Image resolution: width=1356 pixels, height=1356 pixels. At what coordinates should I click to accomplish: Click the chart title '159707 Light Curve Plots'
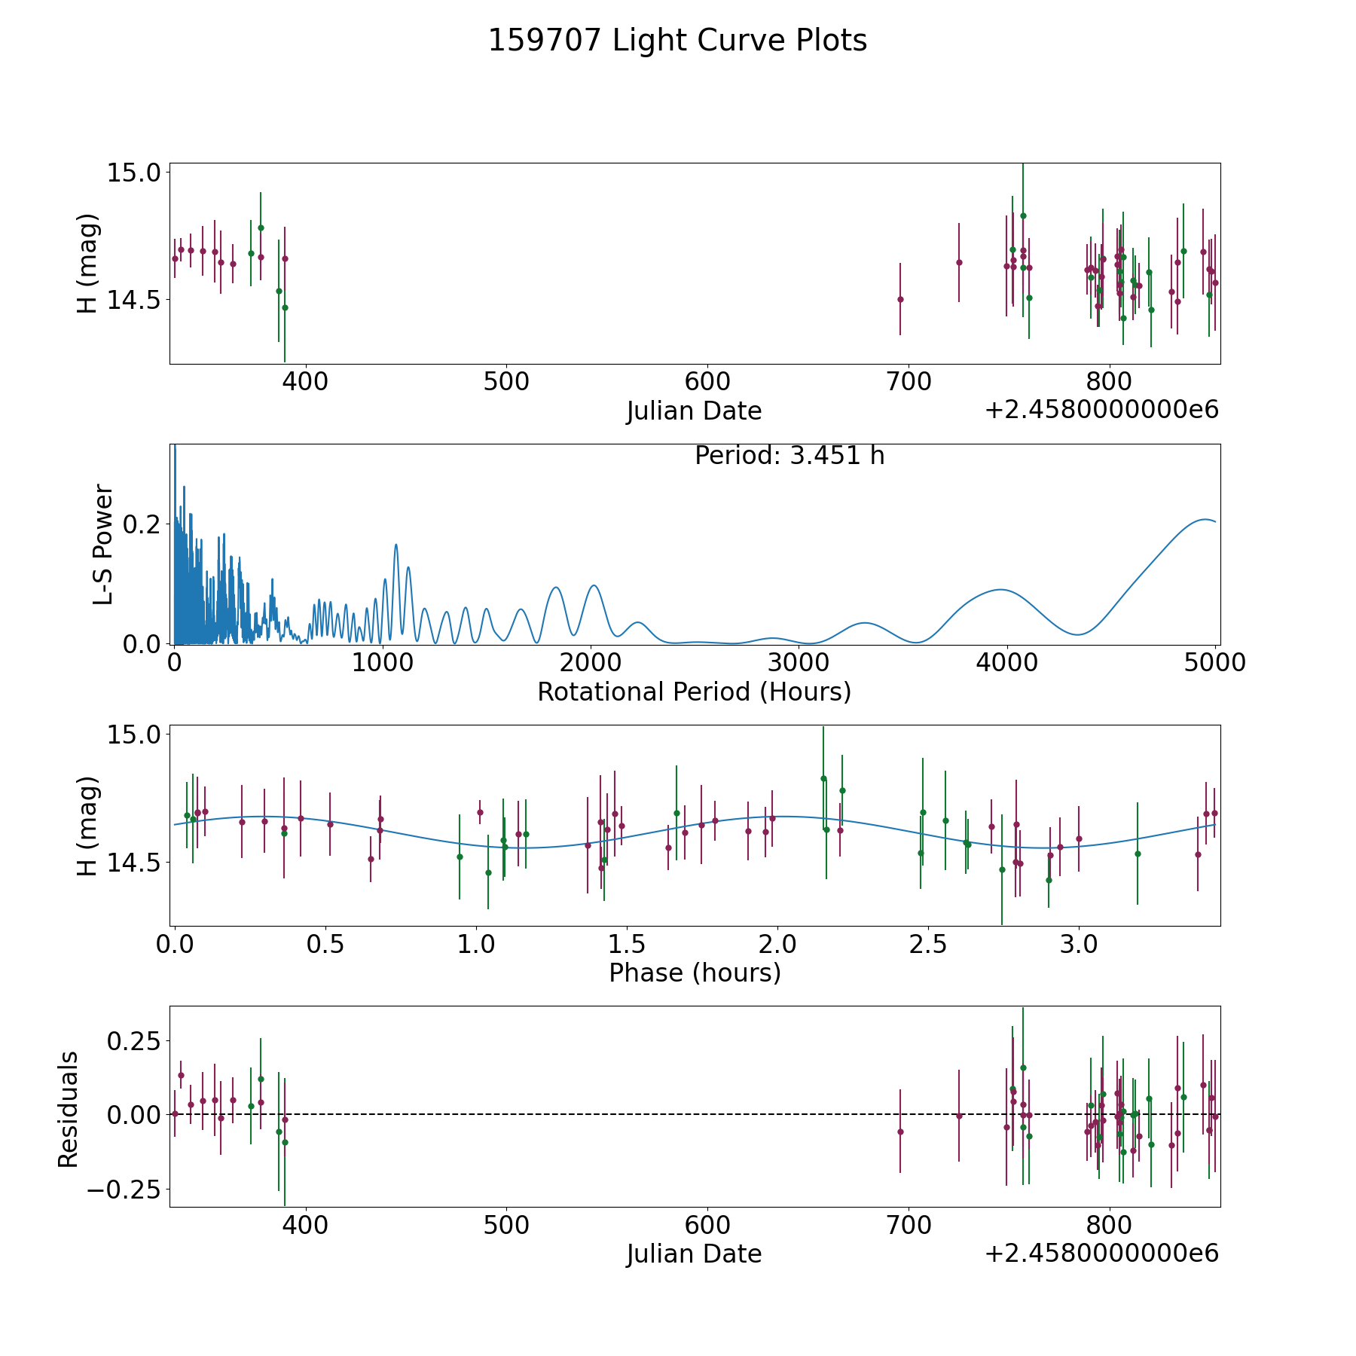pos(677,41)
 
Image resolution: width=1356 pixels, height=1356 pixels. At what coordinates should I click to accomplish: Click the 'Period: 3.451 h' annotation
pos(789,456)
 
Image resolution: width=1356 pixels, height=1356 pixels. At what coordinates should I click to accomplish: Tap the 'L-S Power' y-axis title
pos(103,544)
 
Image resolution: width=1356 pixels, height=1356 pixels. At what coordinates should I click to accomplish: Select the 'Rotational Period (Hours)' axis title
pos(694,692)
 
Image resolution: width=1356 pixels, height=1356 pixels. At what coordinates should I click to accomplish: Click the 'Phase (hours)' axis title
pos(694,973)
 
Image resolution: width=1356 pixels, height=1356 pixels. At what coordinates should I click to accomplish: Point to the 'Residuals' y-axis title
pos(69,1110)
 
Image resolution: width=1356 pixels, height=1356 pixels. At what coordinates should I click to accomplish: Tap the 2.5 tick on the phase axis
pos(927,944)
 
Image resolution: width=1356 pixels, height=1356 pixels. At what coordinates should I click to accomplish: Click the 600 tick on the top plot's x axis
pos(707,381)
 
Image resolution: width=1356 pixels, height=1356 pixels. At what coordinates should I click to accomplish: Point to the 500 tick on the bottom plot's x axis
pos(506,1225)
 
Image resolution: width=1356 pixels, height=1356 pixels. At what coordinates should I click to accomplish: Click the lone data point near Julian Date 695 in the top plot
pos(900,299)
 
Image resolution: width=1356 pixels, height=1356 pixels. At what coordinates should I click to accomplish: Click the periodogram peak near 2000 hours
pos(594,585)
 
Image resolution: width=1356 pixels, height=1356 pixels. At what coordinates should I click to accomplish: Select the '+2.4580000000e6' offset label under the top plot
pos(1101,410)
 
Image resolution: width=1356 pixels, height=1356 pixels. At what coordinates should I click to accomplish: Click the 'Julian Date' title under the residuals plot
pos(694,1254)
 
